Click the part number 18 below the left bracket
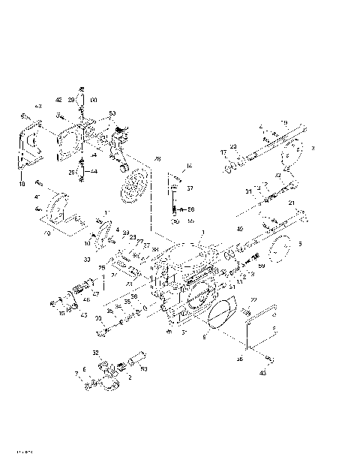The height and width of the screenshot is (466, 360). click(x=22, y=183)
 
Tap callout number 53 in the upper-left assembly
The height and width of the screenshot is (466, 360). click(x=112, y=114)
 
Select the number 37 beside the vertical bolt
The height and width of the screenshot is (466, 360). click(x=190, y=188)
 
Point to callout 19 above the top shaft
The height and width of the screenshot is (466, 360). click(x=284, y=122)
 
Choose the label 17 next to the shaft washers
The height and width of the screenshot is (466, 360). click(x=223, y=153)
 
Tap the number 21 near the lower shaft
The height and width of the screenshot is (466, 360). click(x=290, y=203)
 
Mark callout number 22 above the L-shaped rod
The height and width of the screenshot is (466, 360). click(x=253, y=300)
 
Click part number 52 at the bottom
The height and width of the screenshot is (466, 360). click(x=95, y=351)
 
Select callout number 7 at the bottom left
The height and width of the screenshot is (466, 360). click(x=76, y=373)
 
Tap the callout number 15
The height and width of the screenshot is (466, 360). click(x=61, y=314)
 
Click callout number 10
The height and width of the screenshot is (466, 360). click(x=87, y=244)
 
